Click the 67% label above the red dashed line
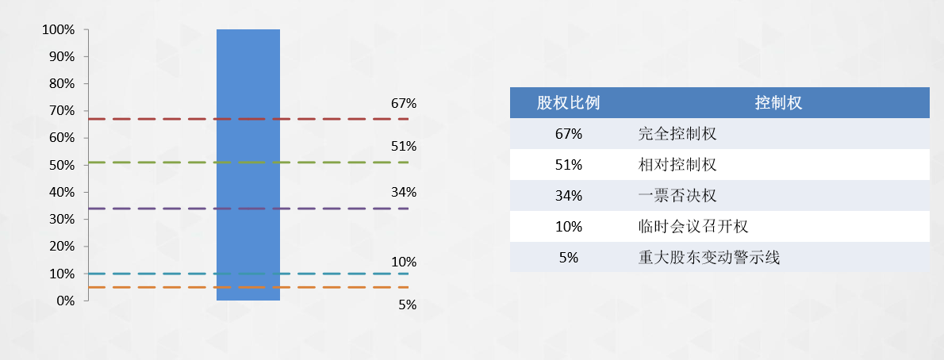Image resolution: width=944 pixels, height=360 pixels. [x=404, y=104]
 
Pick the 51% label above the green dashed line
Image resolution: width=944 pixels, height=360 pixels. [x=404, y=146]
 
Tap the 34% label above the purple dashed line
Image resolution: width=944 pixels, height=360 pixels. [x=404, y=193]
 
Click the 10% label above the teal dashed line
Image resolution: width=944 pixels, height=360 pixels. [x=404, y=262]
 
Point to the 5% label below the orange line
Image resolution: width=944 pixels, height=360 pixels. [x=408, y=304]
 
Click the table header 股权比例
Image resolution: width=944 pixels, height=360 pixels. [x=568, y=102]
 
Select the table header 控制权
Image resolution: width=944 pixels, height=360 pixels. [x=778, y=102]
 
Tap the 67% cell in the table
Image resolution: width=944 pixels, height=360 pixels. [x=568, y=134]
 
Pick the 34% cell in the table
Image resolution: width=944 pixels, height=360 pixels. [x=568, y=196]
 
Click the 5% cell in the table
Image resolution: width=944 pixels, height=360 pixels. [x=568, y=258]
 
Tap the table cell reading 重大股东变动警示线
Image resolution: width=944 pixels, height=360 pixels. [x=708, y=258]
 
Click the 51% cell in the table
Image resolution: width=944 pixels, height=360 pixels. [x=568, y=164]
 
